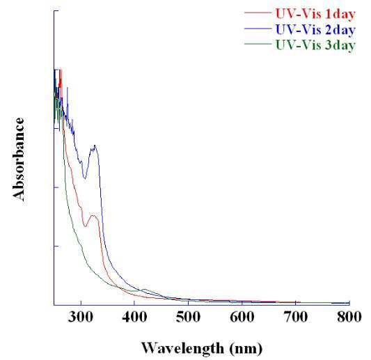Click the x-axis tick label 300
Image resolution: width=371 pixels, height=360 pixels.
(x=81, y=317)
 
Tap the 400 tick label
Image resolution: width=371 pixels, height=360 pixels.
(x=134, y=317)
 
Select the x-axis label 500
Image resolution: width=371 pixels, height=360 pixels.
(x=189, y=317)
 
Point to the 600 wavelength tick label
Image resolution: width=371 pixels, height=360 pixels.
(x=242, y=317)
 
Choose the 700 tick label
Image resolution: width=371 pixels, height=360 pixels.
(x=296, y=317)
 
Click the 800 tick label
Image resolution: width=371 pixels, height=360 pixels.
(x=349, y=317)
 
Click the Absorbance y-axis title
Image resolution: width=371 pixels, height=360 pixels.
(x=19, y=159)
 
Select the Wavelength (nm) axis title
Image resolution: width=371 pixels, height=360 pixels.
(x=202, y=348)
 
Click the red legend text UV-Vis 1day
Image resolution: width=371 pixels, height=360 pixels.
(x=315, y=14)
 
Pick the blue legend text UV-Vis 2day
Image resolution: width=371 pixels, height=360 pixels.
(x=315, y=29)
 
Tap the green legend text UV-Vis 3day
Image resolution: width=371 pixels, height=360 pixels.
(x=315, y=45)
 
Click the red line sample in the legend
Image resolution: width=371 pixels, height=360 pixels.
(x=258, y=13)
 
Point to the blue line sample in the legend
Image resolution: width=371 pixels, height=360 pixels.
(x=258, y=29)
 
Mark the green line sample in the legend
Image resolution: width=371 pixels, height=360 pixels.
(x=258, y=44)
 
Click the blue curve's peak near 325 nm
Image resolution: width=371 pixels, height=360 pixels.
(x=95, y=146)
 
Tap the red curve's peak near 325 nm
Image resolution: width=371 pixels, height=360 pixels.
(x=93, y=215)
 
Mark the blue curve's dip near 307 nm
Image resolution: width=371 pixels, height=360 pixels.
(x=85, y=178)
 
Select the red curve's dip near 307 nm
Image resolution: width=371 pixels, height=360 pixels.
(x=85, y=226)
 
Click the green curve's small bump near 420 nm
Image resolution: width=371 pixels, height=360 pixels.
(x=144, y=289)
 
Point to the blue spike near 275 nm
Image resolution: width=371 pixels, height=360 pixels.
(x=68, y=88)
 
